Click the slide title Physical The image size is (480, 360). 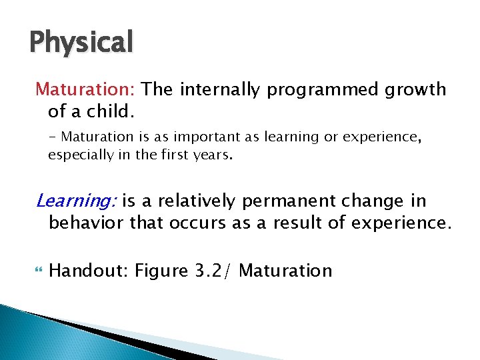tap(81, 41)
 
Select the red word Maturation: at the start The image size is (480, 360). tap(86, 89)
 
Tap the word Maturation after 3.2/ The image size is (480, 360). tap(285, 271)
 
